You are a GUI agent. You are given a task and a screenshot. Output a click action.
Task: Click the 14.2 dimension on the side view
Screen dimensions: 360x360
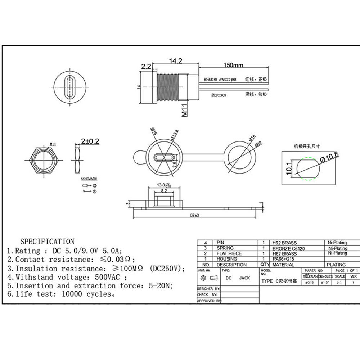point(175,61)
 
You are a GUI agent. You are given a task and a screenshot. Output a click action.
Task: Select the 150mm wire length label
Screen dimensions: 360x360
point(233,65)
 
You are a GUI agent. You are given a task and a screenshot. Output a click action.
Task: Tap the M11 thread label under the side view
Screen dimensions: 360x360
point(185,109)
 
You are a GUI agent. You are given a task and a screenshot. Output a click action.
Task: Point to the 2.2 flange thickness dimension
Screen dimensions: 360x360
point(146,67)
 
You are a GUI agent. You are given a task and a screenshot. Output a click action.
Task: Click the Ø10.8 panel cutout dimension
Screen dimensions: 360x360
point(327,157)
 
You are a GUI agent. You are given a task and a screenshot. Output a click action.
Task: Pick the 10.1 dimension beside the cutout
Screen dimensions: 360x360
point(289,168)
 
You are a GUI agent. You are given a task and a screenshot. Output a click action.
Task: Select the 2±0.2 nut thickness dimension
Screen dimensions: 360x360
point(90,141)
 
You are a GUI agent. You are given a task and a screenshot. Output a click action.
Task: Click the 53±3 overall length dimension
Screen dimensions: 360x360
point(195,215)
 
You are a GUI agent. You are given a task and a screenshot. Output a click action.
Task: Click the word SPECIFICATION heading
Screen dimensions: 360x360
point(47,242)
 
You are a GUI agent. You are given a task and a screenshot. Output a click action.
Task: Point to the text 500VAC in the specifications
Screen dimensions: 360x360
point(108,277)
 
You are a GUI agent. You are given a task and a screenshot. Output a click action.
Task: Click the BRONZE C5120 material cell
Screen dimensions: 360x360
point(288,248)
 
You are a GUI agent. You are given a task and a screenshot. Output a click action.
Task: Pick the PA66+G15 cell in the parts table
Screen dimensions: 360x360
point(283,259)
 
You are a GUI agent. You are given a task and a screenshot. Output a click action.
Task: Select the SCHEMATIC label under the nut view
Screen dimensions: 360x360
point(89,179)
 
